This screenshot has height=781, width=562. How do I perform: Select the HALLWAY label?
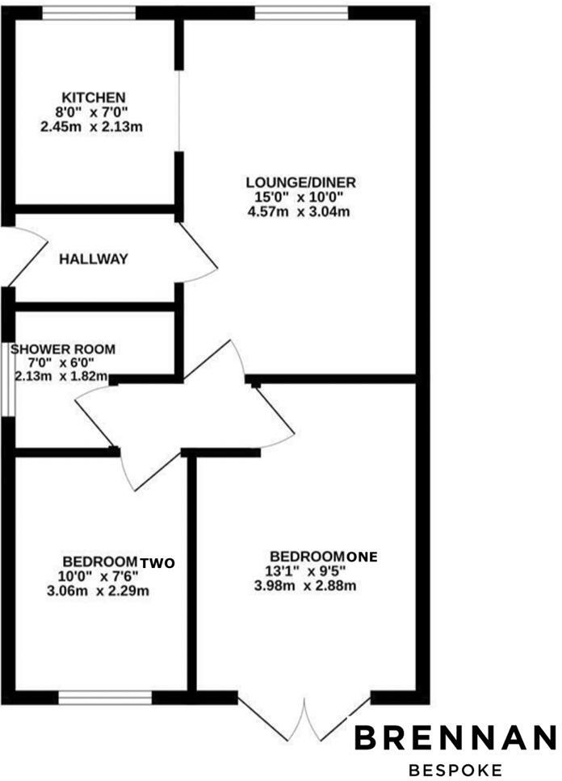[94, 259]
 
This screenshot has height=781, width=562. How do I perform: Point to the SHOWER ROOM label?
[63, 349]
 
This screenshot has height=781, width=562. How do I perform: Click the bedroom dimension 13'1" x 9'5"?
[304, 571]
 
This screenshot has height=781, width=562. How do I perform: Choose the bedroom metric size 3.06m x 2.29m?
[99, 591]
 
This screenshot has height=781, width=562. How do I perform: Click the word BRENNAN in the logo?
[456, 737]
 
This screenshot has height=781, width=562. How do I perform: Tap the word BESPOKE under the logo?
[455, 769]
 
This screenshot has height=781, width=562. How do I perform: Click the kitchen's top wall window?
[89, 12]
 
